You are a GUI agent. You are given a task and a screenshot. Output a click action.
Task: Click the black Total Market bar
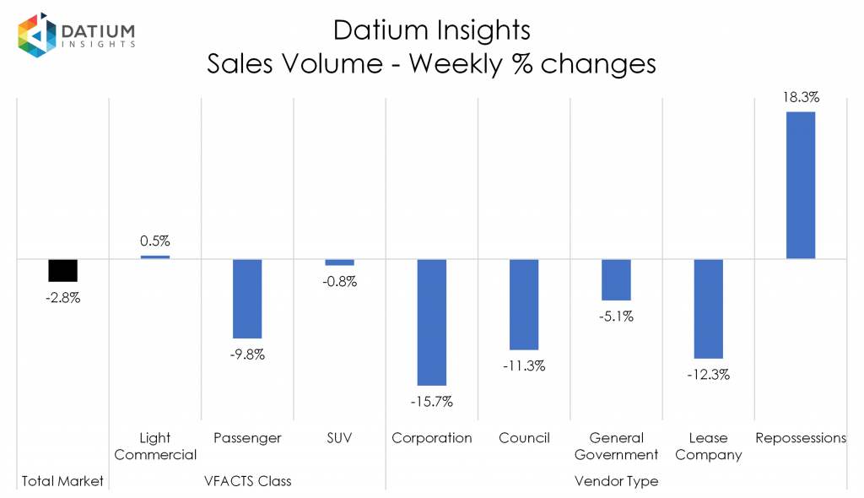tap(62, 270)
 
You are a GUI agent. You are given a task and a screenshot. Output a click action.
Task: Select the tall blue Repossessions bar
tap(801, 185)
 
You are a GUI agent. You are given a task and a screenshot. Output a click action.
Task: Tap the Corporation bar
tap(432, 322)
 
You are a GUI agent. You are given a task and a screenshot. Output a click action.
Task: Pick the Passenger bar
tap(247, 298)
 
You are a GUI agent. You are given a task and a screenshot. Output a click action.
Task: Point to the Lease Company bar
tap(709, 309)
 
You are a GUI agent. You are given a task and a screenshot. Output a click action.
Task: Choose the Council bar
tap(524, 304)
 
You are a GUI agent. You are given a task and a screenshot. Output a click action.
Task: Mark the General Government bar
tap(616, 279)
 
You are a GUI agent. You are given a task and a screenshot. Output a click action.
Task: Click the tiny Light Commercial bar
tap(155, 257)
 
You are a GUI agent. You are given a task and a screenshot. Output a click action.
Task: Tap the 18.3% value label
tap(801, 97)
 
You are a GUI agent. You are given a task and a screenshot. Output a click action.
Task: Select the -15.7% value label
tap(432, 402)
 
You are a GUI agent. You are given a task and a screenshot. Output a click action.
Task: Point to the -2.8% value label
tap(62, 297)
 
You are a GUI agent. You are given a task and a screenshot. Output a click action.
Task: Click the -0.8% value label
tap(339, 282)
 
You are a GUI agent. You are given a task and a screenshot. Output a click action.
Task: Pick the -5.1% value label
tap(616, 317)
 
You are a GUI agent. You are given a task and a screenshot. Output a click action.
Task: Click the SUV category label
tap(339, 438)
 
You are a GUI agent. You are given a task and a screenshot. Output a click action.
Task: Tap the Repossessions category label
tap(801, 438)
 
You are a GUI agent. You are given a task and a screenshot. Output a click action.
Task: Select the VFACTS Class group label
tap(247, 481)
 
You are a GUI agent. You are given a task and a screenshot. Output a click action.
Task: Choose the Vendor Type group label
tap(616, 481)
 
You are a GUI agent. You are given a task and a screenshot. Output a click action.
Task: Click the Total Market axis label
tap(62, 481)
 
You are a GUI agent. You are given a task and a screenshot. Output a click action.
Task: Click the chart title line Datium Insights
tap(431, 30)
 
